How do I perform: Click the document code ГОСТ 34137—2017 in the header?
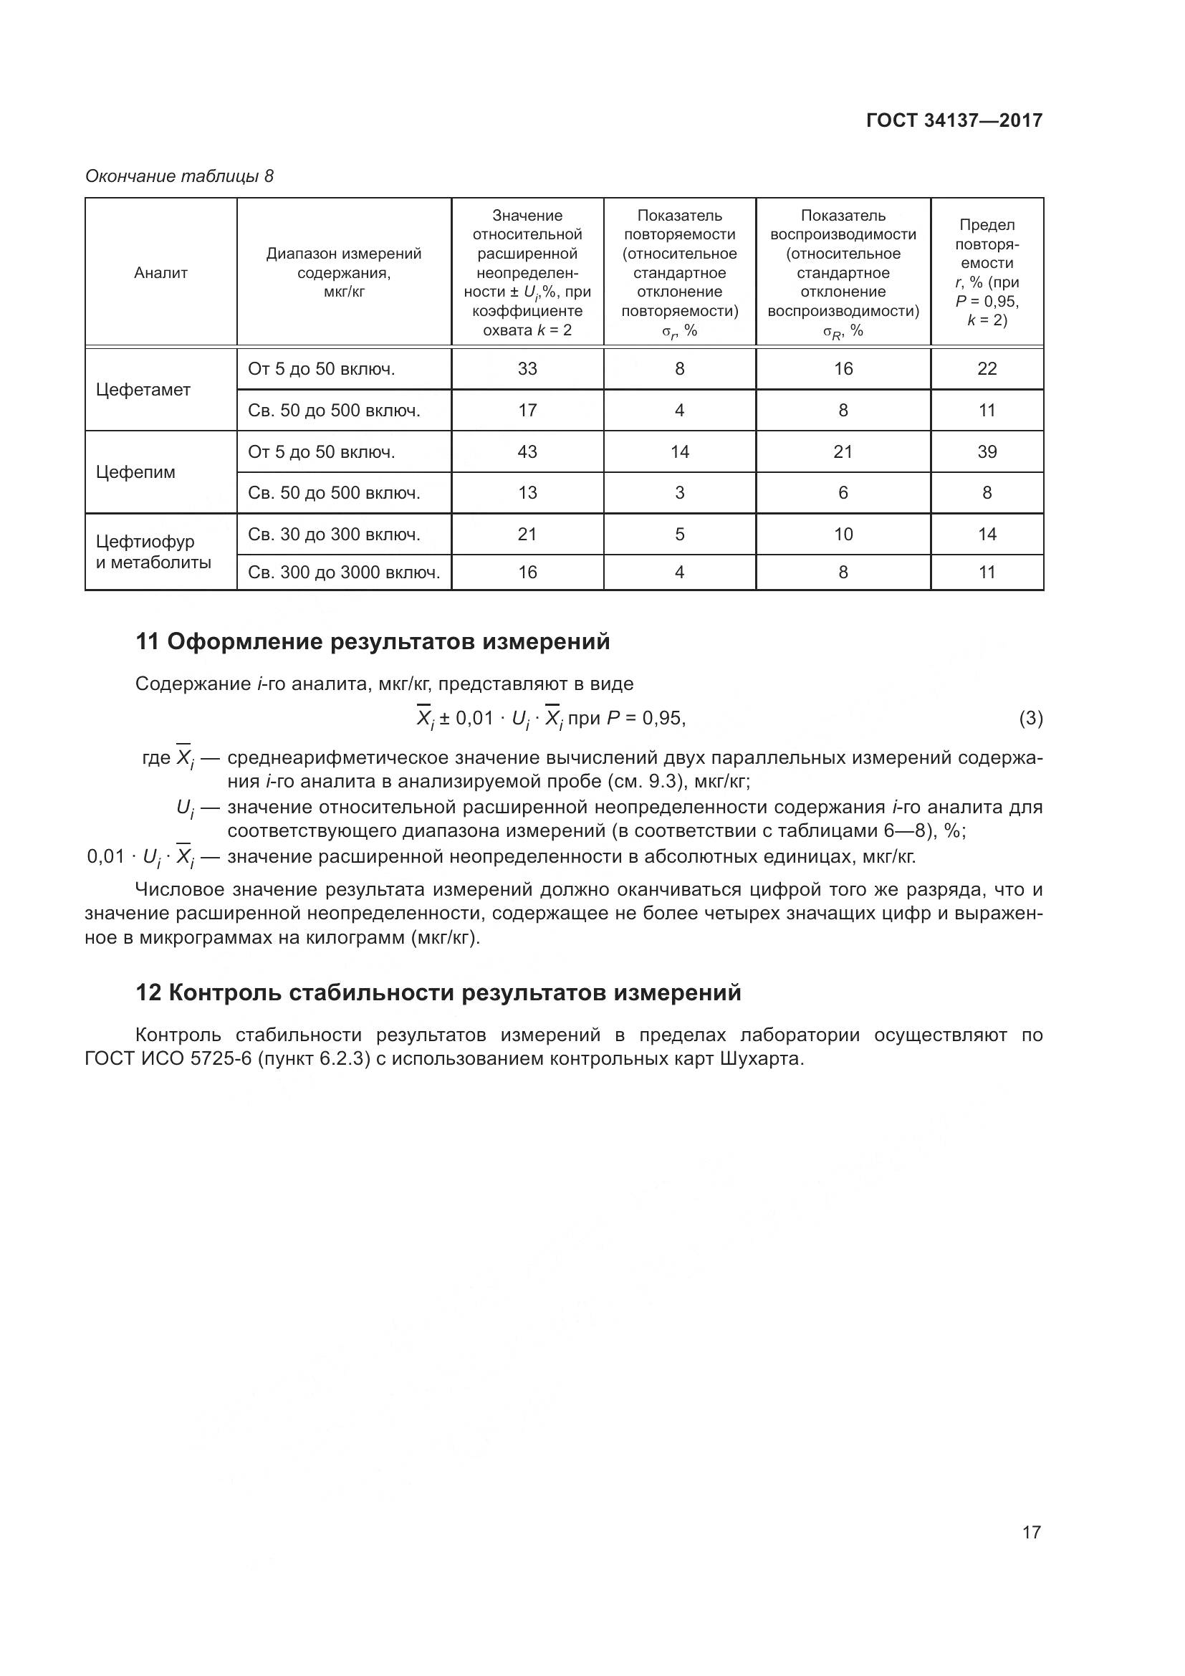(x=954, y=120)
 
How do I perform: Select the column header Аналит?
(x=160, y=272)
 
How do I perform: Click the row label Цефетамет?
(x=143, y=390)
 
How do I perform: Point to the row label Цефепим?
(x=135, y=472)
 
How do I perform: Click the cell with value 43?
(x=527, y=452)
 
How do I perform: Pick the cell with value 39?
(x=987, y=452)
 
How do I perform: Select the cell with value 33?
(x=527, y=368)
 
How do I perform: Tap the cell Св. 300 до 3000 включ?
(x=344, y=573)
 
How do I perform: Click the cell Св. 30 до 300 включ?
(x=334, y=535)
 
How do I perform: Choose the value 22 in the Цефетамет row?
(x=987, y=368)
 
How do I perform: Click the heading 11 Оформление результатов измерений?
(x=372, y=641)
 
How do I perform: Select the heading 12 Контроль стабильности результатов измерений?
(x=438, y=992)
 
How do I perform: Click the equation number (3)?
(x=1030, y=718)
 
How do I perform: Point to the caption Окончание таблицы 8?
(x=180, y=176)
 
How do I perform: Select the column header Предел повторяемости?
(x=987, y=272)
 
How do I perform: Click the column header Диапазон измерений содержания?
(x=344, y=272)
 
